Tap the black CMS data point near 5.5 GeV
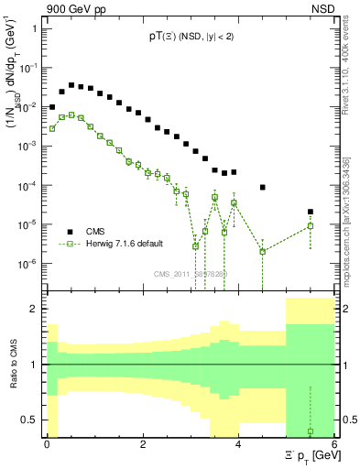point(311,212)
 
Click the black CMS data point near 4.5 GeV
point(263,187)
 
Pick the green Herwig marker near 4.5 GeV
point(263,251)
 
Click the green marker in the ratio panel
point(311,431)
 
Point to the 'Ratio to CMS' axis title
point(14,365)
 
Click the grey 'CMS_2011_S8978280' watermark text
point(191,274)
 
